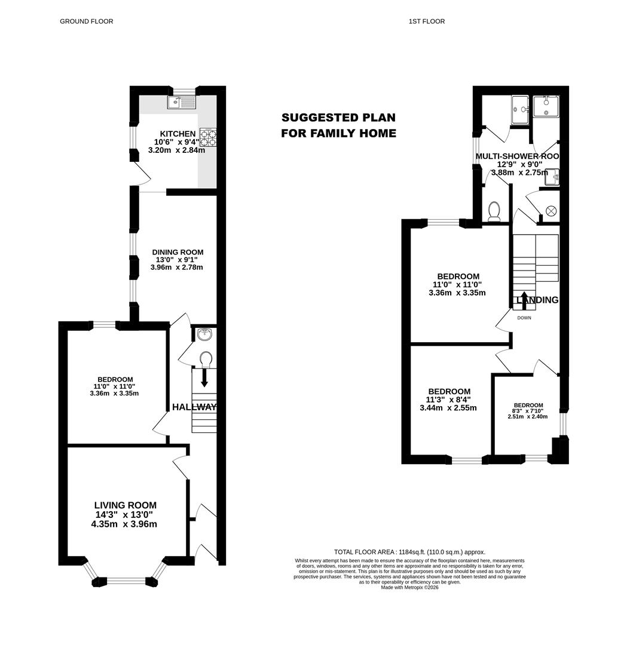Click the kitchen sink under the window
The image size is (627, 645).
point(182,102)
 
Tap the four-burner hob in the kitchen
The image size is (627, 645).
point(209,137)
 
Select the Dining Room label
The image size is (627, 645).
point(178,252)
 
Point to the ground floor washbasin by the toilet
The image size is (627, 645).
point(204,334)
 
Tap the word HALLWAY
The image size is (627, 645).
point(194,407)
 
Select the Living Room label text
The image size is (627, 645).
point(126,505)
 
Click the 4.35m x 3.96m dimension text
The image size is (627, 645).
point(124,524)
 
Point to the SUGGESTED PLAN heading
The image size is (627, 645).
point(338,118)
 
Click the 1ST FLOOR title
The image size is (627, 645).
point(427,21)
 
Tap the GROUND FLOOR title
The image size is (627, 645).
point(87,21)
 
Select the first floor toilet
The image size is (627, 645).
point(494,211)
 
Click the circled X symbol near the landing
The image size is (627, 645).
point(550,211)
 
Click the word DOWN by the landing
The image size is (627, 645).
point(524,318)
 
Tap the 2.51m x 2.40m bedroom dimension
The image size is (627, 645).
point(528,416)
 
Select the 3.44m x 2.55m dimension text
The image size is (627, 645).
point(448,408)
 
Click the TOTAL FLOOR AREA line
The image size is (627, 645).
point(409,552)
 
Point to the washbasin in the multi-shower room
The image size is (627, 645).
point(552,177)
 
